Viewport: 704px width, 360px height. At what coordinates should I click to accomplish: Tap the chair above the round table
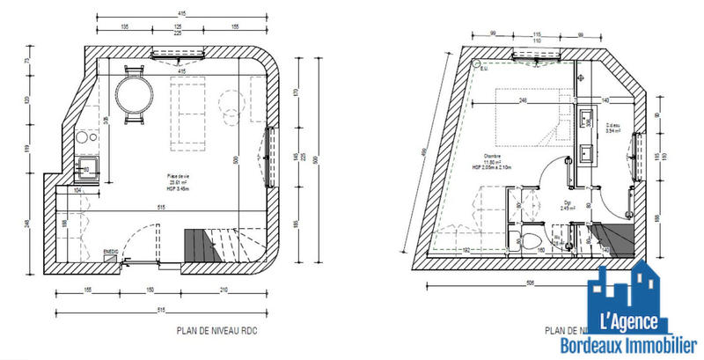pos(135,70)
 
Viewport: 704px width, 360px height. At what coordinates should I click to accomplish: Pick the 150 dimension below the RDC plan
pos(150,290)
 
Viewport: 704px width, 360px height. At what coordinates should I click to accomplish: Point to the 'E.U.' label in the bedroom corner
pos(485,69)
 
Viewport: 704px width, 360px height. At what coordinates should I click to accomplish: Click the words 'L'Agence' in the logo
pos(629,321)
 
